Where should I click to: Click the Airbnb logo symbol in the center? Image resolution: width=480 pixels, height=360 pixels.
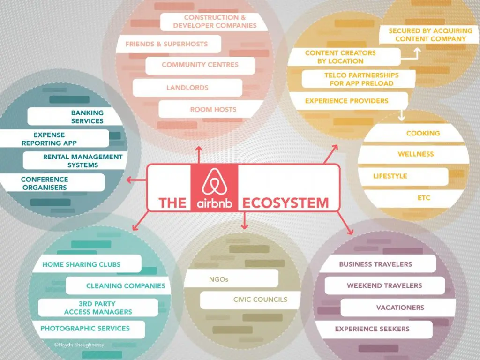pyautogui.click(x=214, y=182)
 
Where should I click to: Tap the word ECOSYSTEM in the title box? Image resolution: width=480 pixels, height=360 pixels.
pyautogui.click(x=285, y=203)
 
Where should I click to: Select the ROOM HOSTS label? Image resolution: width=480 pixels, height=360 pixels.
pyautogui.click(x=213, y=109)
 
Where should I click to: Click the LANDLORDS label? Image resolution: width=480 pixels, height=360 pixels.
pyautogui.click(x=187, y=88)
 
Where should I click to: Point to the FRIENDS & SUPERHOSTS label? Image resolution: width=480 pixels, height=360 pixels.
pyautogui.click(x=166, y=44)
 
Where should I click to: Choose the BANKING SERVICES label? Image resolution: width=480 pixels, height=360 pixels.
pyautogui.click(x=87, y=117)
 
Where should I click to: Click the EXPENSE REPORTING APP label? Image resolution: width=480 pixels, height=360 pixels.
pyautogui.click(x=49, y=139)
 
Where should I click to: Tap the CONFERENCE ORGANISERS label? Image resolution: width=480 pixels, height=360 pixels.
pyautogui.click(x=45, y=183)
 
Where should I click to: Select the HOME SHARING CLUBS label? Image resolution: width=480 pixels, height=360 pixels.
pyautogui.click(x=82, y=264)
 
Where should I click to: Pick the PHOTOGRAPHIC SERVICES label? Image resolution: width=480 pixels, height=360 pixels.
pyautogui.click(x=85, y=329)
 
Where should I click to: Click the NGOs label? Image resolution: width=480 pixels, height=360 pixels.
pyautogui.click(x=218, y=279)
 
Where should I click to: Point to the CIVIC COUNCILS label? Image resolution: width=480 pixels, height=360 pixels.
pyautogui.click(x=260, y=300)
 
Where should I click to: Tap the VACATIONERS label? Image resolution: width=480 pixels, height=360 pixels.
pyautogui.click(x=400, y=307)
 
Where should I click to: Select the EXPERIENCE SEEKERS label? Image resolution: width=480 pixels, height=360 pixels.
pyautogui.click(x=372, y=329)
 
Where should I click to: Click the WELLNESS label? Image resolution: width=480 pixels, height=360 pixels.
pyautogui.click(x=416, y=154)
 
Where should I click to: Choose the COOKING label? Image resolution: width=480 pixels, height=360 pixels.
pyautogui.click(x=423, y=133)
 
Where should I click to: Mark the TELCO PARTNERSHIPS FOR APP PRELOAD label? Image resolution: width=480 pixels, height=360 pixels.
pyautogui.click(x=361, y=79)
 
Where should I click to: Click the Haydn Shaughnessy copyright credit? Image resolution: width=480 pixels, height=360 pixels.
pyautogui.click(x=79, y=345)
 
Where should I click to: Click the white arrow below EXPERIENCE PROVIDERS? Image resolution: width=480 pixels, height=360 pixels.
pyautogui.click(x=402, y=115)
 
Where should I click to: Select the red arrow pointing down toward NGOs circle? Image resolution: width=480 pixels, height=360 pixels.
pyautogui.click(x=244, y=220)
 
